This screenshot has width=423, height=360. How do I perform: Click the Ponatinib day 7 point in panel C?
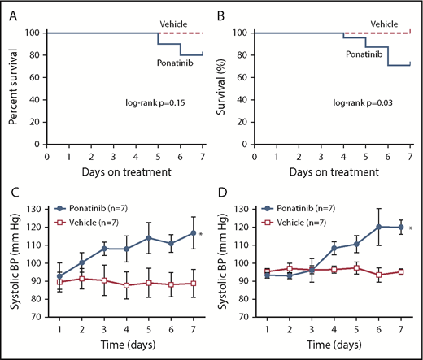[x=193, y=233]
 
